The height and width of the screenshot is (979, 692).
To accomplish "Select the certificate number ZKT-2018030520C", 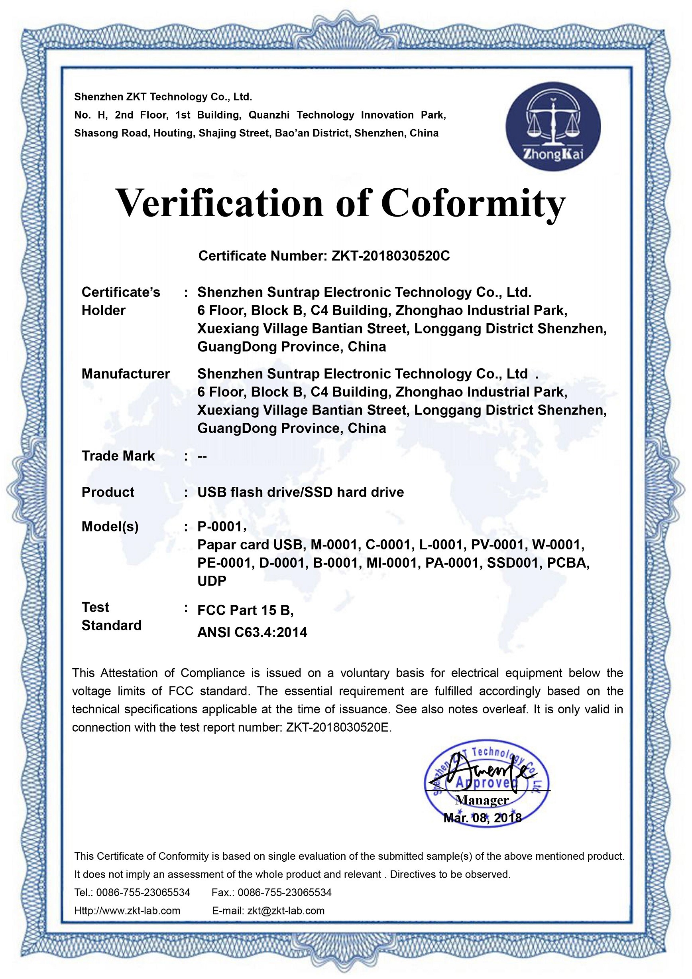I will [390, 256].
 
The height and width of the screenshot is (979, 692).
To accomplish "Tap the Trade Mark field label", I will [118, 456].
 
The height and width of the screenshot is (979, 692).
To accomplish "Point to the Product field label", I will [108, 492].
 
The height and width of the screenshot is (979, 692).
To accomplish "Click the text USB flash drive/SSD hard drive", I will [301, 492].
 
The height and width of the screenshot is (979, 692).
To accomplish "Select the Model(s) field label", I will [110, 527].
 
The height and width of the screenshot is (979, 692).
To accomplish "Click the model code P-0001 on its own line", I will [220, 527].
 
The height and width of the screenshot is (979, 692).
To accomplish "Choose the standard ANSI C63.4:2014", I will [252, 632].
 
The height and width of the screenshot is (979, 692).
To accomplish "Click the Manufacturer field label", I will [126, 374].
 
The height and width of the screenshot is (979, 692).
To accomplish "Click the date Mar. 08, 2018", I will [482, 818].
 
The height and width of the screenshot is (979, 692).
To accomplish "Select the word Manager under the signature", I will [482, 800].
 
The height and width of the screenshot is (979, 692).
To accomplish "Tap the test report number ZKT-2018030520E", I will [338, 727].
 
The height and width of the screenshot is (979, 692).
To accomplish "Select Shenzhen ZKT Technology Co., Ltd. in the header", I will [163, 97].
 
